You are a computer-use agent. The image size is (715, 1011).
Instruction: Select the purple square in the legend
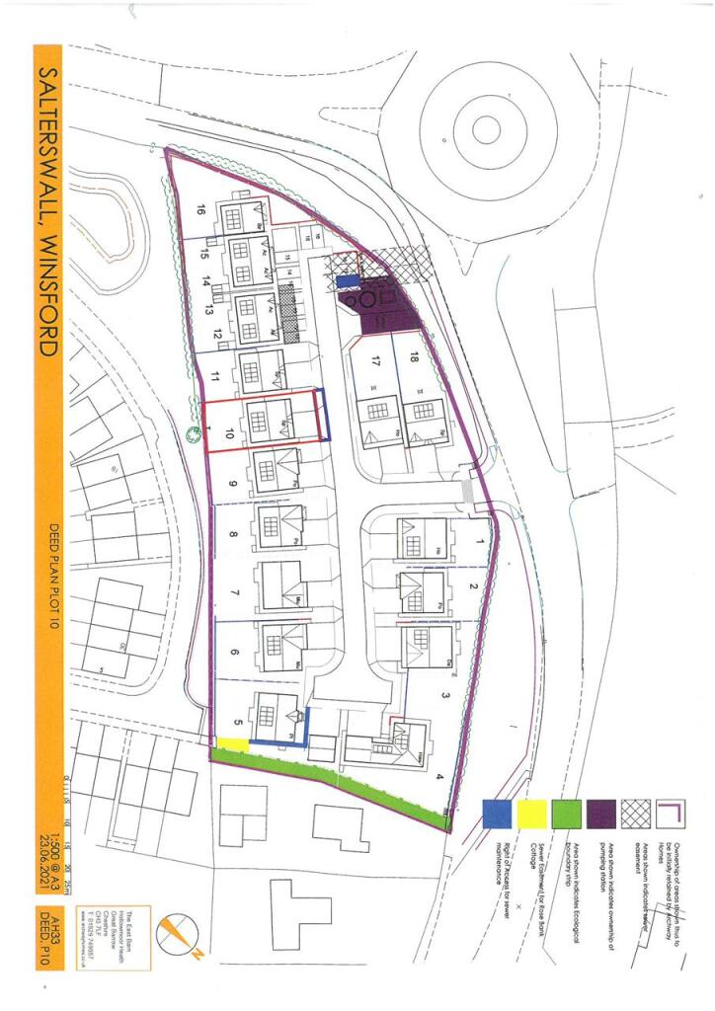[603, 814]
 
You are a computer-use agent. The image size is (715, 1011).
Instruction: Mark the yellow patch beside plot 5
[233, 743]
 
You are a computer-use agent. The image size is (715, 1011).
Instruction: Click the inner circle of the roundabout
[486, 127]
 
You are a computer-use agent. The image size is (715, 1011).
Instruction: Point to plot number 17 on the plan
[372, 360]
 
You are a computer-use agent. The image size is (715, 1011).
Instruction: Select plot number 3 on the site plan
[445, 696]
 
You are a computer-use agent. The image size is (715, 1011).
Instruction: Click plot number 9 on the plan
[232, 484]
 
